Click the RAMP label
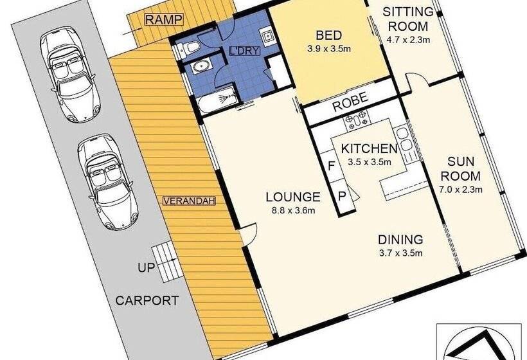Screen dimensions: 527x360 point(165,19)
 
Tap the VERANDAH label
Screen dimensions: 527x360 point(189,201)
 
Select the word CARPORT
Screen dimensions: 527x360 point(147,300)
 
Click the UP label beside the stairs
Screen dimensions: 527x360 point(146,267)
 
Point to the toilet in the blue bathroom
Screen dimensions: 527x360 point(188,48)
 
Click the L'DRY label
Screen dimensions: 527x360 point(244,51)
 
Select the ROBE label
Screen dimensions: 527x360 point(350,102)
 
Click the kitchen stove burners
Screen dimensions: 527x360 point(356,121)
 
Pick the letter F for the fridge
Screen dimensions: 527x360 point(332,166)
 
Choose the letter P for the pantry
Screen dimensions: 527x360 point(342,196)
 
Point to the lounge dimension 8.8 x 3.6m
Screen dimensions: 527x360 point(293,211)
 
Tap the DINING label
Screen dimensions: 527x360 point(400,240)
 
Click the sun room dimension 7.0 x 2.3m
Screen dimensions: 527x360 point(461,190)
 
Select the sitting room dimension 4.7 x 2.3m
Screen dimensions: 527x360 point(408,40)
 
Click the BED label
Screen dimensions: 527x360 point(328,35)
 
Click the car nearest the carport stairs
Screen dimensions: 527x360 point(108,181)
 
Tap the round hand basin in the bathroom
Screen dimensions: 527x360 point(202,67)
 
